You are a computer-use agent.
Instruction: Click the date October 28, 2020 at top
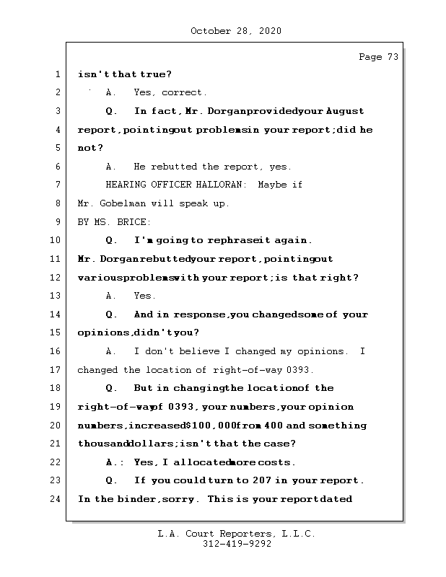point(236,31)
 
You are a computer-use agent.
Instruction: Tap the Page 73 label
point(378,57)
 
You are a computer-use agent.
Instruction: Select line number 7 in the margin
point(57,185)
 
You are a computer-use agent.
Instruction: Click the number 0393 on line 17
point(299,370)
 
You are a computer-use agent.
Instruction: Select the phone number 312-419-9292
point(236,545)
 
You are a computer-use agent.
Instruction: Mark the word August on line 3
point(345,111)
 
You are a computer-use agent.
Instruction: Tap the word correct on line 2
point(184,92)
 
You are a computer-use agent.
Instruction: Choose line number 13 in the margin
point(57,296)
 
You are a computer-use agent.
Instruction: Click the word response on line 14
point(201,314)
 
